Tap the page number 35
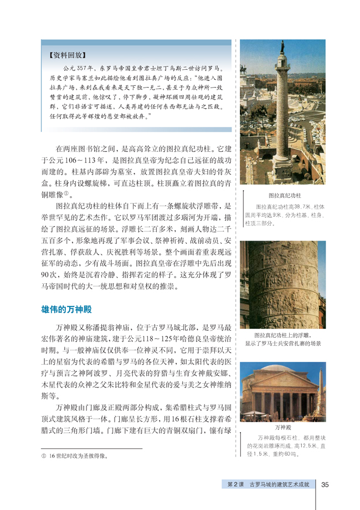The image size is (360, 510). click(325, 484)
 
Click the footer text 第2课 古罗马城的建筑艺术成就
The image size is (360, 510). click(268, 484)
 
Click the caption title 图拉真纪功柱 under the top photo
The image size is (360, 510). click(284, 195)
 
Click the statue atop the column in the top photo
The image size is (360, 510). click(282, 44)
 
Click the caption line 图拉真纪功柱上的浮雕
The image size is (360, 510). click(282, 335)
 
